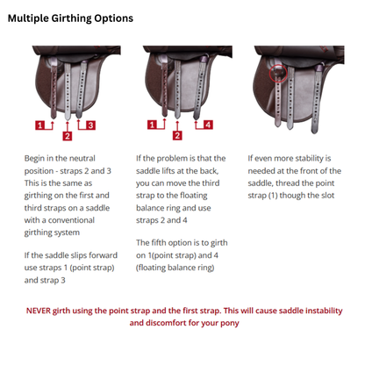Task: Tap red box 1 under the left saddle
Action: click(x=41, y=125)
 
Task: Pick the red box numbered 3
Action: click(x=90, y=125)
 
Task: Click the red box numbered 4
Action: click(x=208, y=125)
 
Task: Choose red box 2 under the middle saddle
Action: click(x=178, y=136)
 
